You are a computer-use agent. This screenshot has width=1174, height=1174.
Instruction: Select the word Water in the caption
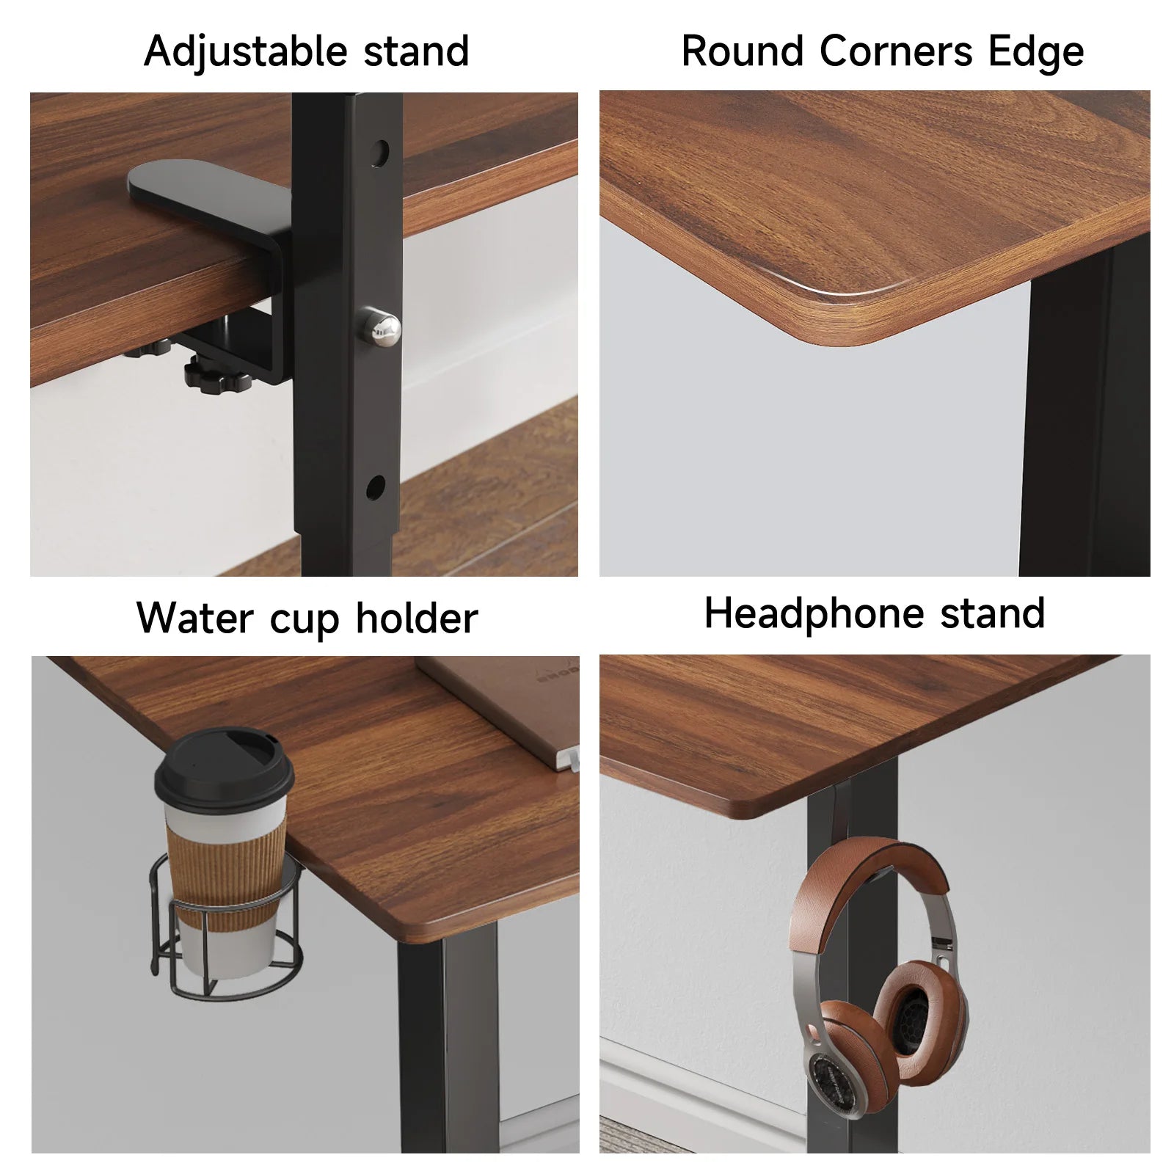tap(194, 618)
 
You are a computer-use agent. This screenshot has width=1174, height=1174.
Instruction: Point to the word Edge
tap(1035, 52)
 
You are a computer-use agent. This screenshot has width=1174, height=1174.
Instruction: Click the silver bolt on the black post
tap(379, 326)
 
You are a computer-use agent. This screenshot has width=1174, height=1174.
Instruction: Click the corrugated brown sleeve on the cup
tap(223, 866)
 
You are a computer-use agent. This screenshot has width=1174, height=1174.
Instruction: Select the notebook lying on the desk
tap(506, 704)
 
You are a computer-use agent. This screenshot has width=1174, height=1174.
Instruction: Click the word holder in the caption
tap(417, 618)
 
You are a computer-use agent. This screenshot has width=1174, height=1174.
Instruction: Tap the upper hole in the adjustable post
tap(380, 153)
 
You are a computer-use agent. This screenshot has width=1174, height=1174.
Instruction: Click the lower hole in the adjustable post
tap(375, 485)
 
